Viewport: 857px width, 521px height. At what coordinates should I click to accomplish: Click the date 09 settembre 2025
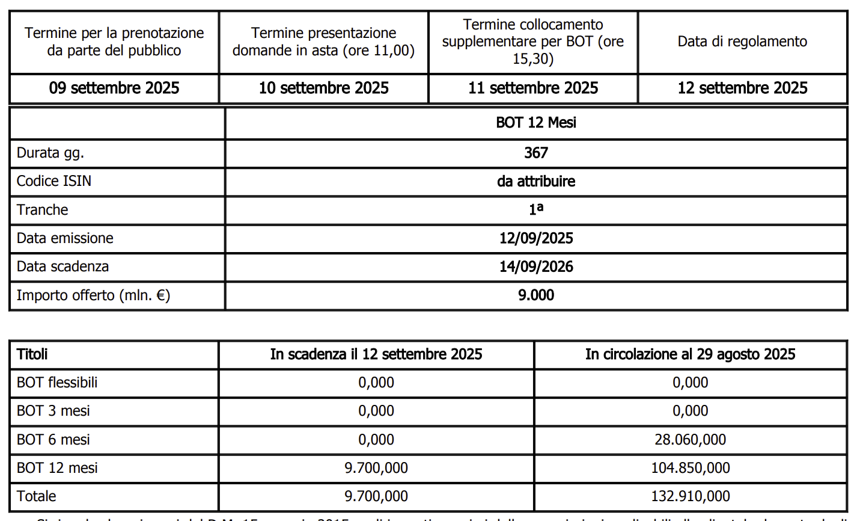114,88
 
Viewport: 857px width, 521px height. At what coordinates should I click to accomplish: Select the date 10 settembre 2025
323,88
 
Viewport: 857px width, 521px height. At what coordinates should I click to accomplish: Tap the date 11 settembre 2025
533,88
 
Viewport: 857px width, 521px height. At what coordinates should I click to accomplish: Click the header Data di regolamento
742,42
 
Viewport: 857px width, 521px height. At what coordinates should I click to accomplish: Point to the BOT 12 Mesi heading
536,123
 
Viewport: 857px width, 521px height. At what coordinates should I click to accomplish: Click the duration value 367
536,153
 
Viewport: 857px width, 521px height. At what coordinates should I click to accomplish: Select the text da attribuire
536,181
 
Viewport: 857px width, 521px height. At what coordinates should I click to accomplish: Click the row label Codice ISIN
54,181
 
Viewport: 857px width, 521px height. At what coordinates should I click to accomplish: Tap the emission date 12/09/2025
536,238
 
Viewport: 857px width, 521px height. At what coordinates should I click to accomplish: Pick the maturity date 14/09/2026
536,267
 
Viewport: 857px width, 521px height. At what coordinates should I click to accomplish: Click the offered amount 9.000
536,295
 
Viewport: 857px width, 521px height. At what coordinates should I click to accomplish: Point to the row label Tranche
42,210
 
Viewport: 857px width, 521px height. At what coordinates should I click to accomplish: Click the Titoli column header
32,354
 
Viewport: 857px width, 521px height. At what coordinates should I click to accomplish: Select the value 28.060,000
690,440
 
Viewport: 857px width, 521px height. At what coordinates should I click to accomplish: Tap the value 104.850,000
690,468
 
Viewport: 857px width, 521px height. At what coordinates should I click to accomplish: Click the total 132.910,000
690,496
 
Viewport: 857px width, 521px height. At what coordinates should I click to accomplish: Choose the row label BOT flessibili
57,383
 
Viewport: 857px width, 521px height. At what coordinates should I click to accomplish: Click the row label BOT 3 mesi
53,411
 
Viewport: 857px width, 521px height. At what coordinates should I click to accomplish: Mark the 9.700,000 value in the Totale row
376,496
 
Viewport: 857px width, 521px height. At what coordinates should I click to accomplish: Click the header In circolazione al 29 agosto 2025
690,354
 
